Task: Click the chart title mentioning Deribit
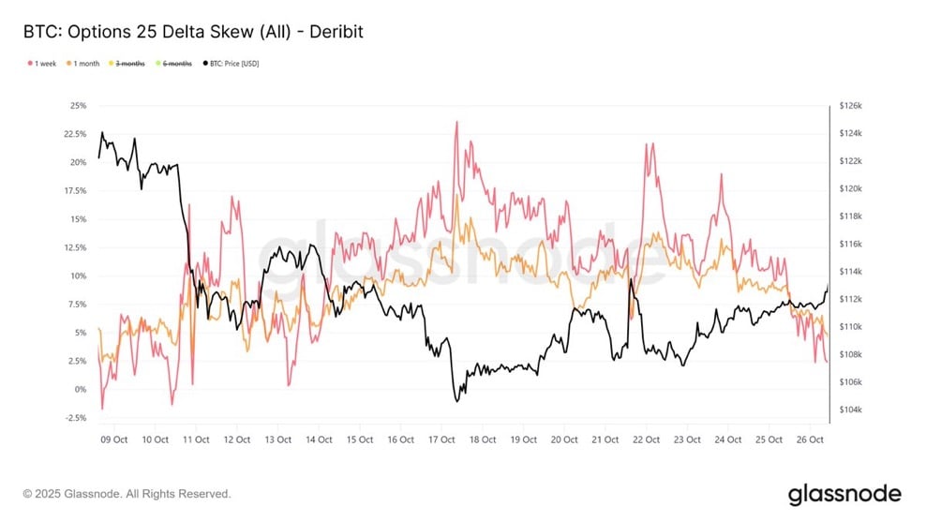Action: tap(192, 32)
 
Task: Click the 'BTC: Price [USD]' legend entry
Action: tap(233, 64)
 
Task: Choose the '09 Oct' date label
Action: tap(113, 439)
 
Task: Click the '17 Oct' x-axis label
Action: tap(441, 439)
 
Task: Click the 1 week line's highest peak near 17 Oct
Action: tap(456, 122)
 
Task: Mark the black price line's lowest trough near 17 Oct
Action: tap(456, 401)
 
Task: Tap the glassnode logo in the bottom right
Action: tap(844, 493)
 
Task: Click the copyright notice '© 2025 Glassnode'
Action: tap(127, 494)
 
